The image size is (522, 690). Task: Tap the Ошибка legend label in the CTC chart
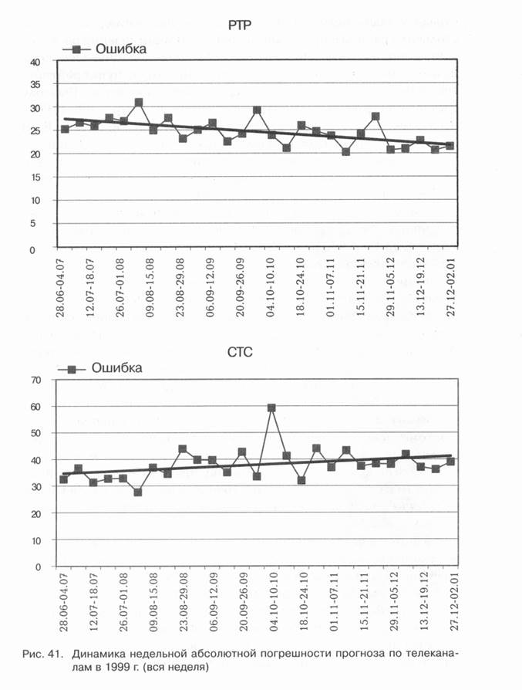[116, 367]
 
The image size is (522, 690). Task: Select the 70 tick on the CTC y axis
[35, 380]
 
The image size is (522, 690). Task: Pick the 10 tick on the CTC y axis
[35, 540]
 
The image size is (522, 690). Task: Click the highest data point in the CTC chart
[271, 408]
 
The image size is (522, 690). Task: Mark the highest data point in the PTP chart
[139, 102]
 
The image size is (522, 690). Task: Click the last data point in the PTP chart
[450, 146]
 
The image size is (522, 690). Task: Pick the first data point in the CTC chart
[63, 479]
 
